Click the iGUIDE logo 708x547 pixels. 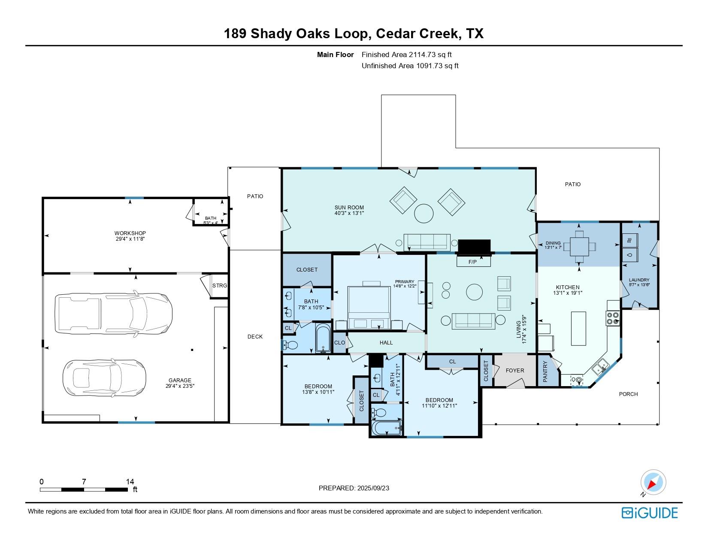(650, 513)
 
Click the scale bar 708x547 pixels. (84, 490)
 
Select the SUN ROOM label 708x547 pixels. (349, 208)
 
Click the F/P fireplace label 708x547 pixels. (472, 262)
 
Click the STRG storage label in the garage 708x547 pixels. (220, 286)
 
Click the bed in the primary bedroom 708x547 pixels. (369, 307)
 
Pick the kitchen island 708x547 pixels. (578, 328)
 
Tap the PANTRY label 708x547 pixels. (545, 372)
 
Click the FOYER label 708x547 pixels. (515, 370)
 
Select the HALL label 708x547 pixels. (386, 342)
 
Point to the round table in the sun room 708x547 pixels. (424, 213)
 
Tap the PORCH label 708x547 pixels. (628, 394)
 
